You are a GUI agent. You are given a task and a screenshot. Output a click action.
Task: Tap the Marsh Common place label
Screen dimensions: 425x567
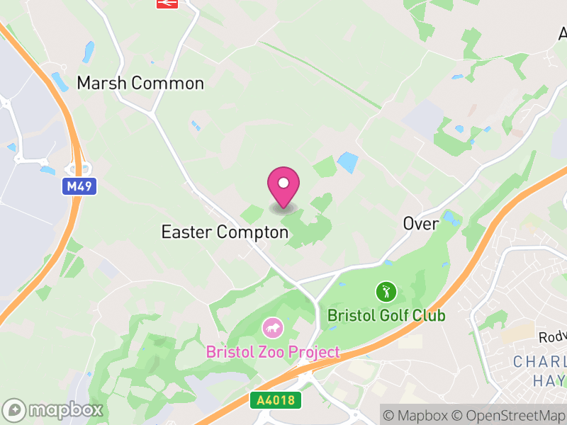[140, 83]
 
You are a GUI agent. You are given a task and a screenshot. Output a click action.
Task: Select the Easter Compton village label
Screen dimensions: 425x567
[225, 232]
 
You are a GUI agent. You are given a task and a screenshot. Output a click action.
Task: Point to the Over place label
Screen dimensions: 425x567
[421, 223]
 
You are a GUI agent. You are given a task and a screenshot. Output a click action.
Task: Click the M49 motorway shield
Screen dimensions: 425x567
[78, 187]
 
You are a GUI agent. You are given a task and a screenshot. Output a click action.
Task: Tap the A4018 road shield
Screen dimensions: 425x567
[276, 400]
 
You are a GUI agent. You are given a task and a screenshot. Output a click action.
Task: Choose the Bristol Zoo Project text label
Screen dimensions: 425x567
[273, 352]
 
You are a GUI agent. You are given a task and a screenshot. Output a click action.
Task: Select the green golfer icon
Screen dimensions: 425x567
[386, 291]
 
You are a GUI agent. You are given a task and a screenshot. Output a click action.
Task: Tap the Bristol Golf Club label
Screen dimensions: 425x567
[386, 315]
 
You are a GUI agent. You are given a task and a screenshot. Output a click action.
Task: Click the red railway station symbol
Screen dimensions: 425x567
[167, 4]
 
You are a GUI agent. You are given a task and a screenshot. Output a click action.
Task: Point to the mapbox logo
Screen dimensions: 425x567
[53, 409]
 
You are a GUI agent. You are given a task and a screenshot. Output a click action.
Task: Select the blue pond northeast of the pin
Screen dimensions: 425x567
[347, 162]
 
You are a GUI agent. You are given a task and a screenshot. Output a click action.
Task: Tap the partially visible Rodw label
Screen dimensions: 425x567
[552, 337]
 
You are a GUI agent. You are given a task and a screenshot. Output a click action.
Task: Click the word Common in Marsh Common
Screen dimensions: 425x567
[168, 83]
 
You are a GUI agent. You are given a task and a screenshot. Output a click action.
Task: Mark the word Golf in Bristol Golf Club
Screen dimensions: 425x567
[387, 315]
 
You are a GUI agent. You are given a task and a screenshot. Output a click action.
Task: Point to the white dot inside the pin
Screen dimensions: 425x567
[283, 183]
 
